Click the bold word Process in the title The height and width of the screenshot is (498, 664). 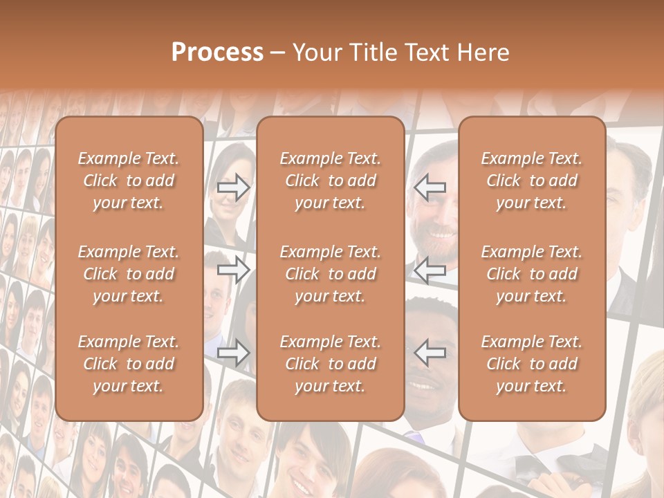coord(217,53)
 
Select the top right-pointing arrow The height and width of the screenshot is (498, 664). coord(234,187)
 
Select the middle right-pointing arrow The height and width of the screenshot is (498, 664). coord(234,270)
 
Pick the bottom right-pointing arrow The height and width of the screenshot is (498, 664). coord(234,353)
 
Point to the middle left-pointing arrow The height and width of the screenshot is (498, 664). coord(430,270)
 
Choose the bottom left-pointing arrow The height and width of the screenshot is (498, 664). coord(430,353)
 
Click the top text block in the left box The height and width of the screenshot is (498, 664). coord(129,181)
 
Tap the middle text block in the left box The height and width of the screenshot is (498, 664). coord(129,274)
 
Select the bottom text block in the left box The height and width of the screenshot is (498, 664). coord(129,364)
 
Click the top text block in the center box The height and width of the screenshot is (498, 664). coord(330,181)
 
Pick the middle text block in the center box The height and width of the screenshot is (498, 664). coord(330,274)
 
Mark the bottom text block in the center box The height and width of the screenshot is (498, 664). coord(330,364)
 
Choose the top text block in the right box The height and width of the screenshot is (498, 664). coord(531,181)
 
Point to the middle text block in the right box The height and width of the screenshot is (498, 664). coord(531,274)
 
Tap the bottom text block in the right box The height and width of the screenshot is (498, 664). coord(531,364)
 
